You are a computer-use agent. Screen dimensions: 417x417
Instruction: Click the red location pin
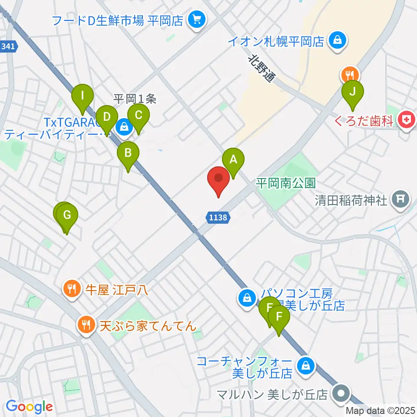(218, 180)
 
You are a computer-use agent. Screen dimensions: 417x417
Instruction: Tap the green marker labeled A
(233, 160)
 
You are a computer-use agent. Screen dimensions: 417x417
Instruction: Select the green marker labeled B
(128, 154)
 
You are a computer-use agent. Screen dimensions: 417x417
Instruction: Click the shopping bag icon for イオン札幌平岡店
(337, 41)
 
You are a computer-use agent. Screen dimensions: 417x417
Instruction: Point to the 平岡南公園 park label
(285, 182)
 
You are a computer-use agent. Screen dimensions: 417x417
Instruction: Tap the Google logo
(30, 407)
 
